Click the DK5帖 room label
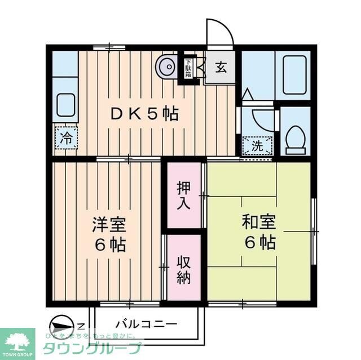point(143,114)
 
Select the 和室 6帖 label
point(259,232)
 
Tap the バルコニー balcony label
point(146,325)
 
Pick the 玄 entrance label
point(220,68)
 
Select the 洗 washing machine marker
point(257,145)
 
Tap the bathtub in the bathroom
point(294,74)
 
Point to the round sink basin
point(168,68)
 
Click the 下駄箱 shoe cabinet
point(187,68)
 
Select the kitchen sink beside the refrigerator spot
point(65,105)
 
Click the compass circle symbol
point(61,326)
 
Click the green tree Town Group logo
point(17,340)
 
